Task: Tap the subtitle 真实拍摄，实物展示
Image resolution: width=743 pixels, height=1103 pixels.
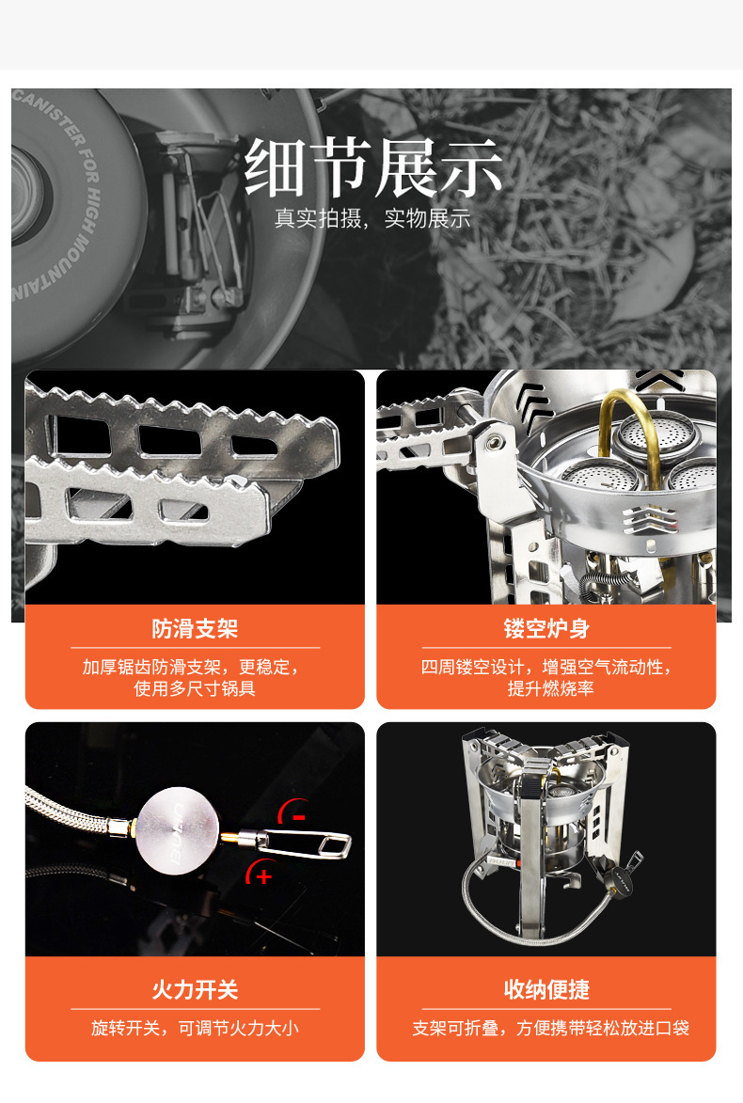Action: pos(372,219)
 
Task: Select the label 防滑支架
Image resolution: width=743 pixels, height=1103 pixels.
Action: pos(195,628)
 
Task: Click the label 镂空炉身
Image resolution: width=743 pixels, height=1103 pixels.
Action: pos(546,628)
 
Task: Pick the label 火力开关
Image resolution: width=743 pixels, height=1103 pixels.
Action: pos(195,990)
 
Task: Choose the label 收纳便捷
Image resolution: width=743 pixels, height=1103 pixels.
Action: pos(546,990)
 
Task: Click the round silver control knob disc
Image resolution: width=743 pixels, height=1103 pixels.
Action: pos(178,830)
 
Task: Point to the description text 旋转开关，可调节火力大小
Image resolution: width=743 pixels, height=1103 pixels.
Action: pos(195,1028)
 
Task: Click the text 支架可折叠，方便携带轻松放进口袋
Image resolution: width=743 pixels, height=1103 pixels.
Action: pos(550,1028)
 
